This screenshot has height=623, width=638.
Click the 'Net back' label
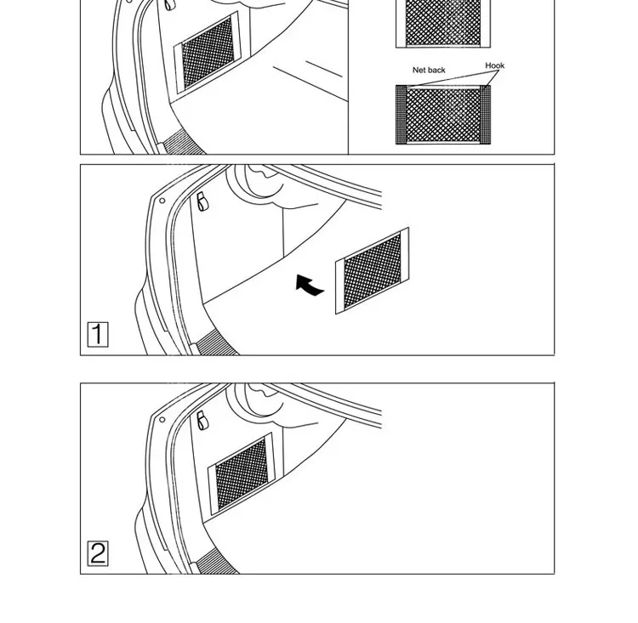[429, 71]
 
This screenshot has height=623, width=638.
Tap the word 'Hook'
[494, 65]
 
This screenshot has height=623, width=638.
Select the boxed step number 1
[98, 334]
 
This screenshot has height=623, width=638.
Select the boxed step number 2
[98, 554]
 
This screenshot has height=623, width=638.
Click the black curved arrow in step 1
[310, 286]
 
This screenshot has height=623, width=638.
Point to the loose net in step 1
[373, 270]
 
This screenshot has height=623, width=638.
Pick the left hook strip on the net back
[401, 113]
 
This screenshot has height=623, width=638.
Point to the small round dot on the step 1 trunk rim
[161, 201]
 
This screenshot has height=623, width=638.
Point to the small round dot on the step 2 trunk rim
[161, 419]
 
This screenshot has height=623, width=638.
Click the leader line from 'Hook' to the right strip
[492, 77]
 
